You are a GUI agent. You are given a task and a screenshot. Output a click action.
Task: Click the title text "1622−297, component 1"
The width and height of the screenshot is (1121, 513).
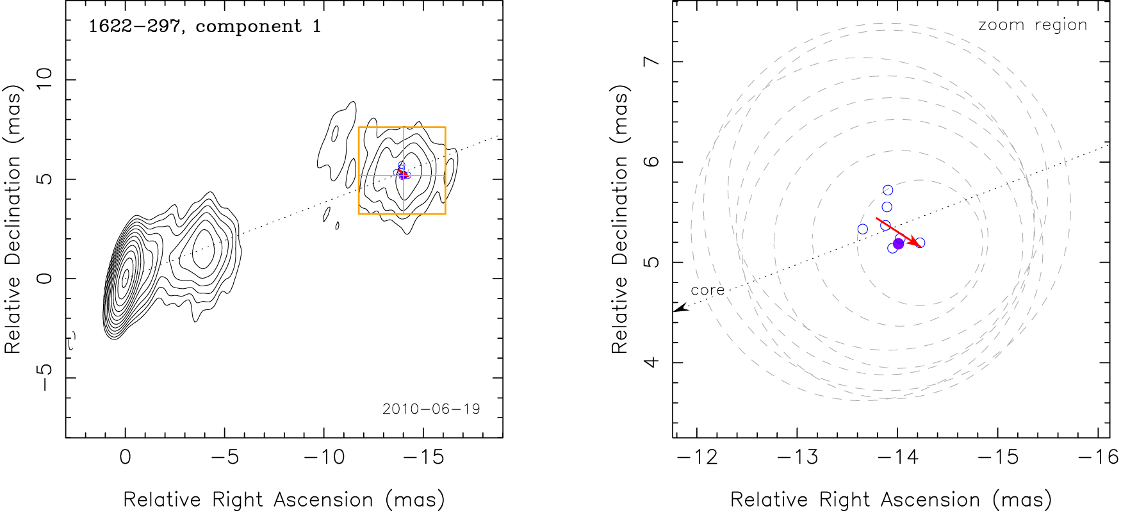click(204, 26)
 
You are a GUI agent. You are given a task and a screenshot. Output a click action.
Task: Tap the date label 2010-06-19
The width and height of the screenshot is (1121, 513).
click(431, 409)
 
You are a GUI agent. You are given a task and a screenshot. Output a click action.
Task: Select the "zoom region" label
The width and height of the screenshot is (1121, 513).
click(1033, 25)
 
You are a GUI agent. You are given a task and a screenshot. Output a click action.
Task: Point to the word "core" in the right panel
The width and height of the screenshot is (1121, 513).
click(707, 290)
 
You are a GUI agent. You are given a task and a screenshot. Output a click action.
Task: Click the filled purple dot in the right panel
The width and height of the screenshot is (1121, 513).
click(898, 243)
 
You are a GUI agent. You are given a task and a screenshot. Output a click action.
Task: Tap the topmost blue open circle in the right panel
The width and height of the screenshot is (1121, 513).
click(888, 190)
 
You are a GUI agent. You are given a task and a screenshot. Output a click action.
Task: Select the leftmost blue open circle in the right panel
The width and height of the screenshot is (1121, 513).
click(863, 229)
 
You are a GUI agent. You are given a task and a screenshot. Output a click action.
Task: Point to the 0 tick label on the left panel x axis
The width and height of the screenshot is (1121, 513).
click(126, 457)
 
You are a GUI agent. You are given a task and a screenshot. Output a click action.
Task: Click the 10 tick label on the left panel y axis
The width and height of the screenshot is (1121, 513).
click(45, 79)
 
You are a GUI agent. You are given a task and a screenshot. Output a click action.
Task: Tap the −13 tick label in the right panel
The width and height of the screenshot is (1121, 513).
click(798, 457)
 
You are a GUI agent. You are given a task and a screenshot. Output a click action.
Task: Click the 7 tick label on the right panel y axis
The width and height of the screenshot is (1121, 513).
click(652, 61)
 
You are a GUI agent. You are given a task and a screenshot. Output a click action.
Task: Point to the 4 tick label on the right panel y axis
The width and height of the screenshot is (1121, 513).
click(652, 362)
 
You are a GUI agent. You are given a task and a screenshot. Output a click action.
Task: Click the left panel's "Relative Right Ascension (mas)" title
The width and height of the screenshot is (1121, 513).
click(284, 500)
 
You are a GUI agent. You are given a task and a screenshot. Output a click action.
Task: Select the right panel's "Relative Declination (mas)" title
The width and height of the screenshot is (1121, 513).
click(619, 220)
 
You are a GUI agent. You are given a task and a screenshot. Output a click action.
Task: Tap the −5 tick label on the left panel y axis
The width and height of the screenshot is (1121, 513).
click(45, 378)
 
